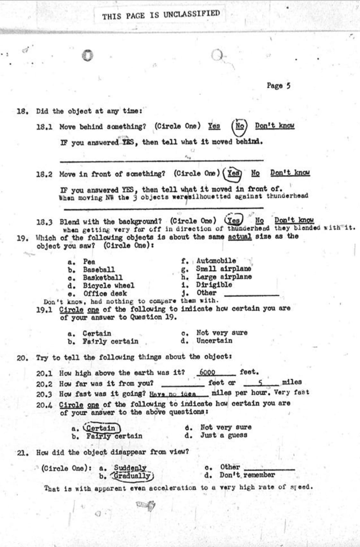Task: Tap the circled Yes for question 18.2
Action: click(233, 173)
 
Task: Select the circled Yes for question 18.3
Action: click(234, 221)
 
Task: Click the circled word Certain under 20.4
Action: click(101, 428)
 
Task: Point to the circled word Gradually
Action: click(133, 475)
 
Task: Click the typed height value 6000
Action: click(207, 372)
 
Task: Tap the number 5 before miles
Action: click(261, 382)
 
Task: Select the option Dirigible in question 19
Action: click(214, 284)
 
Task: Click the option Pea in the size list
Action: click(89, 261)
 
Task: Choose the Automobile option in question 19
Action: click(216, 260)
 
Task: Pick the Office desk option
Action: click(105, 293)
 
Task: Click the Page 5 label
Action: click(278, 86)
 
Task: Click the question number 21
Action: click(22, 453)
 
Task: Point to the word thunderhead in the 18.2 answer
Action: click(287, 196)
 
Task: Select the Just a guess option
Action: click(224, 435)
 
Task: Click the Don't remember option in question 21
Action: click(247, 475)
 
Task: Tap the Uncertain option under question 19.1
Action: click(214, 341)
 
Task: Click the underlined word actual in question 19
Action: click(239, 237)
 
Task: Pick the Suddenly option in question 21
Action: click(130, 468)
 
